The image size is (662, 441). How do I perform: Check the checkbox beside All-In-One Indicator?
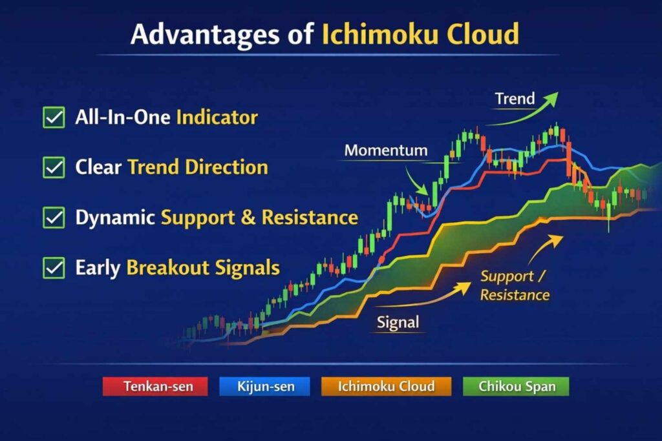(54, 118)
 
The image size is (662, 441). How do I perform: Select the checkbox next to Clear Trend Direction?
(54, 168)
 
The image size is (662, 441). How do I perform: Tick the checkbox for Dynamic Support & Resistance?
(54, 218)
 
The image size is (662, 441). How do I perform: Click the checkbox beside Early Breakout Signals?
(54, 267)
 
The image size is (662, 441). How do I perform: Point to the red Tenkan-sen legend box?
(155, 387)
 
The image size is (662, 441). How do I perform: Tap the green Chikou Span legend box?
(515, 387)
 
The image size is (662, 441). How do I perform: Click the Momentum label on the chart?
(386, 151)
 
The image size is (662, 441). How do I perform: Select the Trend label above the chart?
(515, 99)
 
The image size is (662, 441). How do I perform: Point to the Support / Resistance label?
(515, 285)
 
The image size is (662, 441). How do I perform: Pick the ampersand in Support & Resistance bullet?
(249, 218)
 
